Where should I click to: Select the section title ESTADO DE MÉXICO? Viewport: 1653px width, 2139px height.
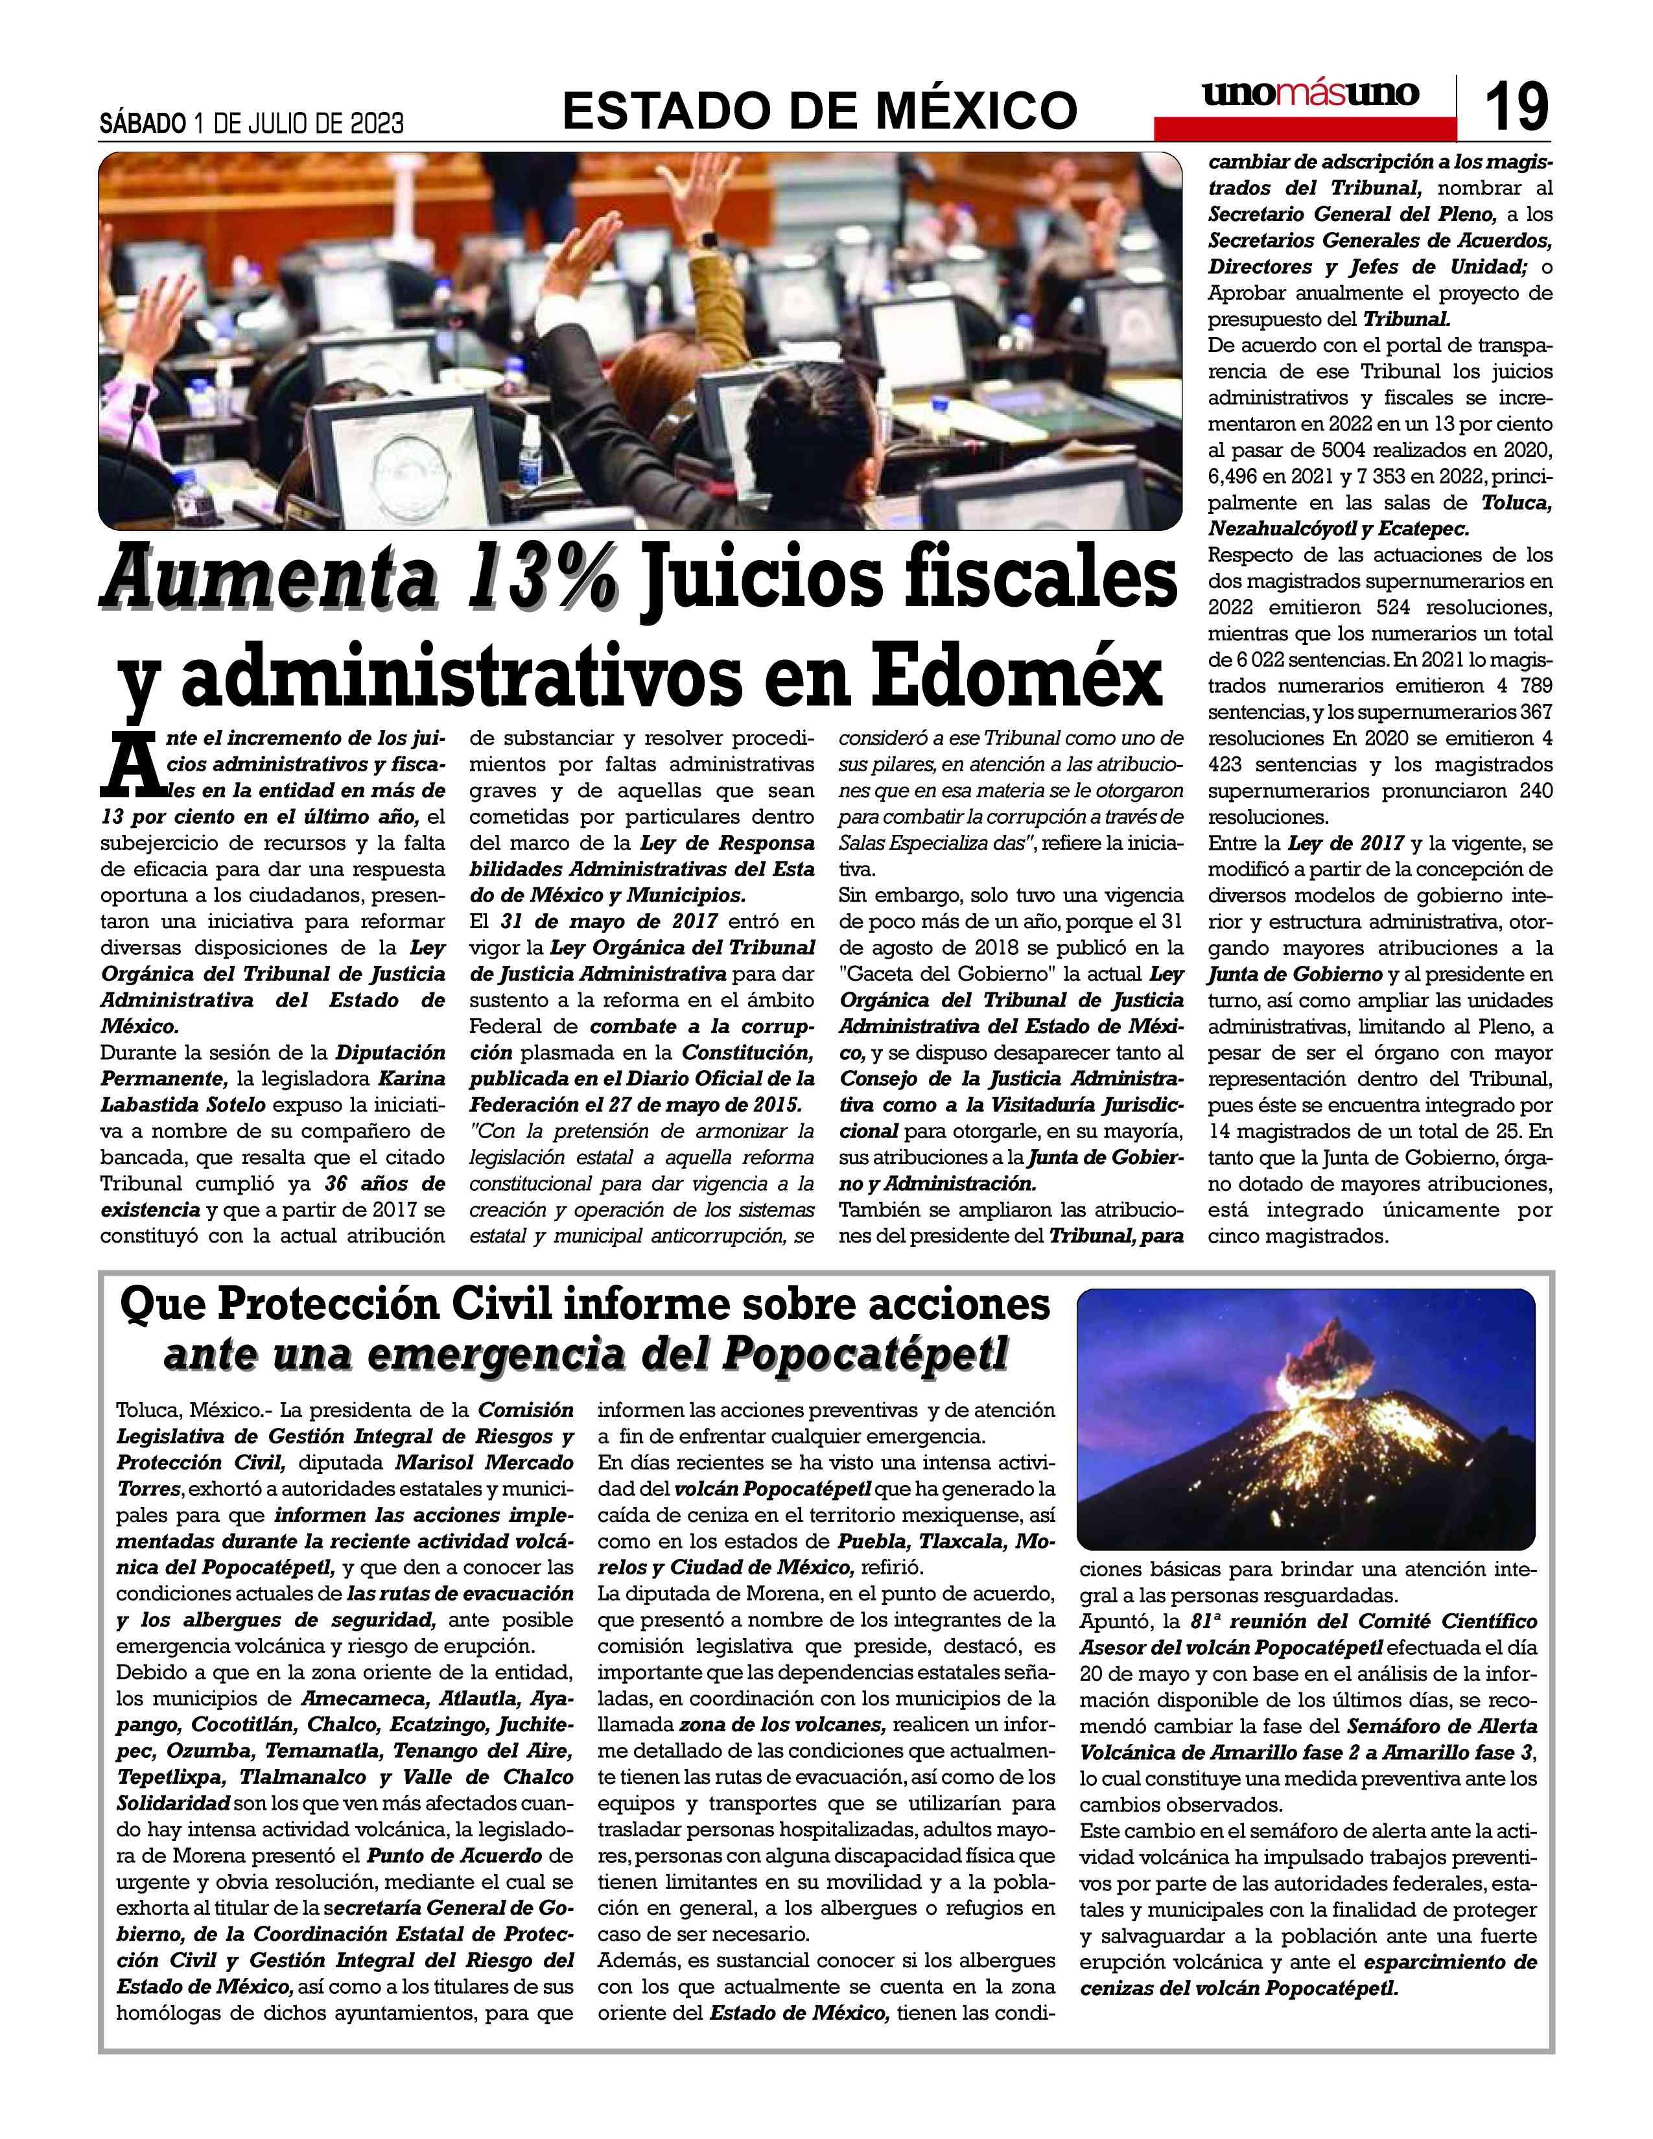click(x=819, y=109)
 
